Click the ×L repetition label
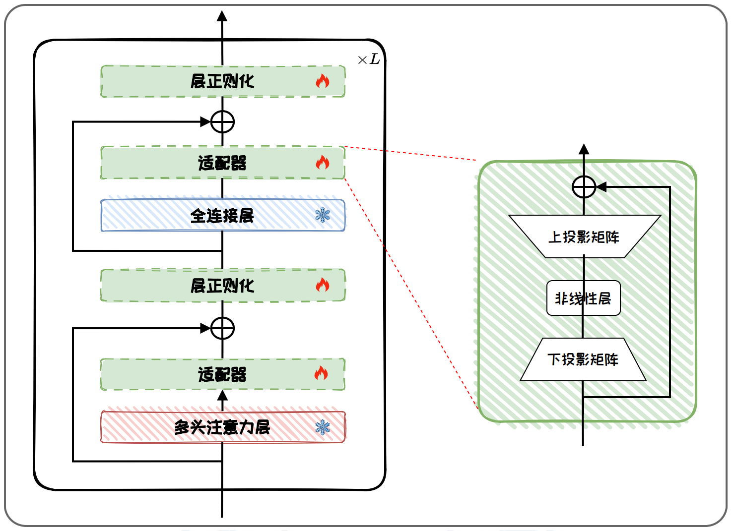point(369,59)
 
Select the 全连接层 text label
point(222,216)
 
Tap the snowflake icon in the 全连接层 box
point(323,215)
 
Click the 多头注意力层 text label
point(222,427)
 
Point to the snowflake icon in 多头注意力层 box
point(323,427)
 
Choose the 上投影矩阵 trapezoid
point(585,236)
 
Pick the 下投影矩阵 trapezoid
point(583,359)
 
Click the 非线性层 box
point(583,298)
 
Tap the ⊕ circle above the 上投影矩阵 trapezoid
point(584,187)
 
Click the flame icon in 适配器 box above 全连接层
point(323,162)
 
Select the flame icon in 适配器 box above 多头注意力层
point(322,373)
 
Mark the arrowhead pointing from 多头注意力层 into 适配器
point(222,395)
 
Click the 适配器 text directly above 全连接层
point(222,163)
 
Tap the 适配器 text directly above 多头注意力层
point(222,374)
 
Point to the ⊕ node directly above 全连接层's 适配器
point(222,121)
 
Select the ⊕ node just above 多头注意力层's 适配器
point(222,328)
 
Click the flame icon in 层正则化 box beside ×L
point(323,81)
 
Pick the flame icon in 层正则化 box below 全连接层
point(323,285)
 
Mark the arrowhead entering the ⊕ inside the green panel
point(601,187)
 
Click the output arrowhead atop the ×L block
point(222,16)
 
